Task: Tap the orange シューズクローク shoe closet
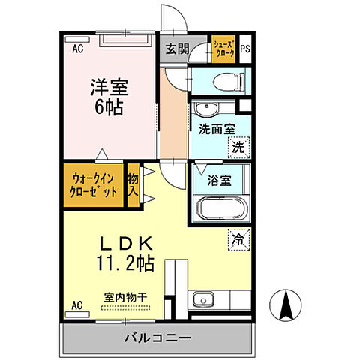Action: pos(223,49)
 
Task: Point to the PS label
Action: pos(245,50)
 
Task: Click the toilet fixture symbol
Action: pos(222,79)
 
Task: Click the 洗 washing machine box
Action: pos(238,147)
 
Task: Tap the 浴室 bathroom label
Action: pos(209,181)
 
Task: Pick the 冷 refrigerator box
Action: pos(238,240)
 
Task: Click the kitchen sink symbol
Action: pos(200,301)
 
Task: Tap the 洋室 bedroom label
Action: pos(109,88)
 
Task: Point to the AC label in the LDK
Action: pos(77,304)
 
